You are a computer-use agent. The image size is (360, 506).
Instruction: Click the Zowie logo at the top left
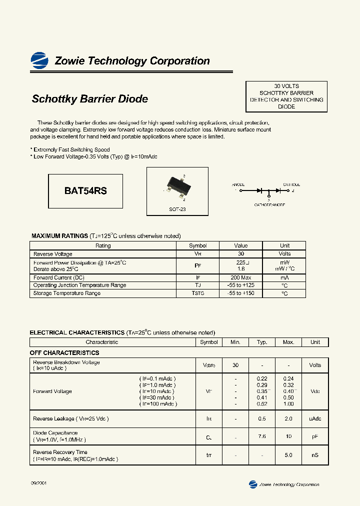39,60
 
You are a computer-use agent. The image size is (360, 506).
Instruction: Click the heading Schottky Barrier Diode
90,99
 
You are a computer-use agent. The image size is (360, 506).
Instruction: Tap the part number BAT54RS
85,191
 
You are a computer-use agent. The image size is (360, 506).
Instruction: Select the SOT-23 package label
177,209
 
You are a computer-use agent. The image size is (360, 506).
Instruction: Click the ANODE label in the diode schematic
238,184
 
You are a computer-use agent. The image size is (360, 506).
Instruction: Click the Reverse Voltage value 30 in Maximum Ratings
241,254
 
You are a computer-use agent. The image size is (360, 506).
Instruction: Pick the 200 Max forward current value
241,277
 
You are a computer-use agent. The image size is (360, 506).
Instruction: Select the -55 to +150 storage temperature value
241,293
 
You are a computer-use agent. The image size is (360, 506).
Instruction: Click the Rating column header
103,245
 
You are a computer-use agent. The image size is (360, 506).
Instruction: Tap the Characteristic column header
102,342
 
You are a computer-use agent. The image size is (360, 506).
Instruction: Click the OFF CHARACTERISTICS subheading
64,352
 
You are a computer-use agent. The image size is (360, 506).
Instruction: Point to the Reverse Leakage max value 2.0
288,418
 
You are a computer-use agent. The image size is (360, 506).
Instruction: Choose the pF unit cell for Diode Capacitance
315,436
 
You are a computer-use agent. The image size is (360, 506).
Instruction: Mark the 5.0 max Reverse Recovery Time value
288,455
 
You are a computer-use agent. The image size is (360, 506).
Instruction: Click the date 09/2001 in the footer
39,484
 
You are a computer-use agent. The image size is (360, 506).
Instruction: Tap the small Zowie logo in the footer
253,484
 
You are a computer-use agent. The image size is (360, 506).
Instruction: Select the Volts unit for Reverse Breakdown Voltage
315,365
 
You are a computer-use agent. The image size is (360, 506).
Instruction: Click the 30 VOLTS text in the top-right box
286,86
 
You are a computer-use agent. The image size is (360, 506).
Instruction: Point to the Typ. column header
262,342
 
